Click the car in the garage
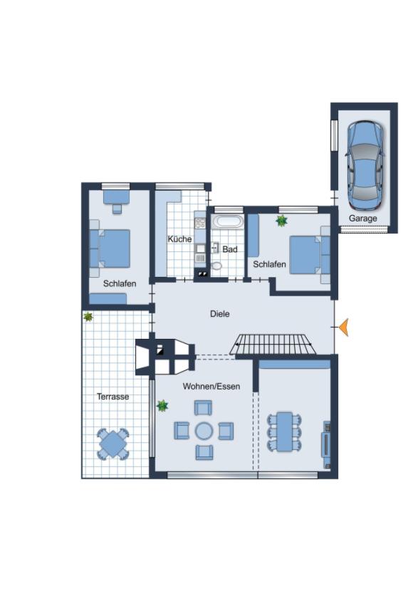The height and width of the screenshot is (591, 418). click(365, 164)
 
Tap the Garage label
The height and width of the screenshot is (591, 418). click(362, 219)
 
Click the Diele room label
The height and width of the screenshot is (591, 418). click(220, 313)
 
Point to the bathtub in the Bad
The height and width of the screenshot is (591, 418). click(228, 221)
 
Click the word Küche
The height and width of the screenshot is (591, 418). click(179, 239)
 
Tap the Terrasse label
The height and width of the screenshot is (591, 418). click(113, 397)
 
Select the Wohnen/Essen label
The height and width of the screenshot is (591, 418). click(211, 387)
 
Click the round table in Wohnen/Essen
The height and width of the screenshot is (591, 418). click(204, 431)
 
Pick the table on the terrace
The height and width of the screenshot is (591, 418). click(113, 444)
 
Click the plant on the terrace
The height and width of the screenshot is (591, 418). click(88, 316)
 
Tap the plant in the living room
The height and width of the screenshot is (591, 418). click(162, 406)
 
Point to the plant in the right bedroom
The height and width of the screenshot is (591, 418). click(281, 221)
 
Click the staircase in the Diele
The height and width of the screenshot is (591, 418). click(273, 345)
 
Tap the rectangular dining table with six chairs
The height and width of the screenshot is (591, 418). click(285, 432)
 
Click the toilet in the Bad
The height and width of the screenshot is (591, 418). click(216, 266)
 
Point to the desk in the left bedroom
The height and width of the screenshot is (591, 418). click(115, 195)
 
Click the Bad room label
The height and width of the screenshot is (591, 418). click(229, 249)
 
